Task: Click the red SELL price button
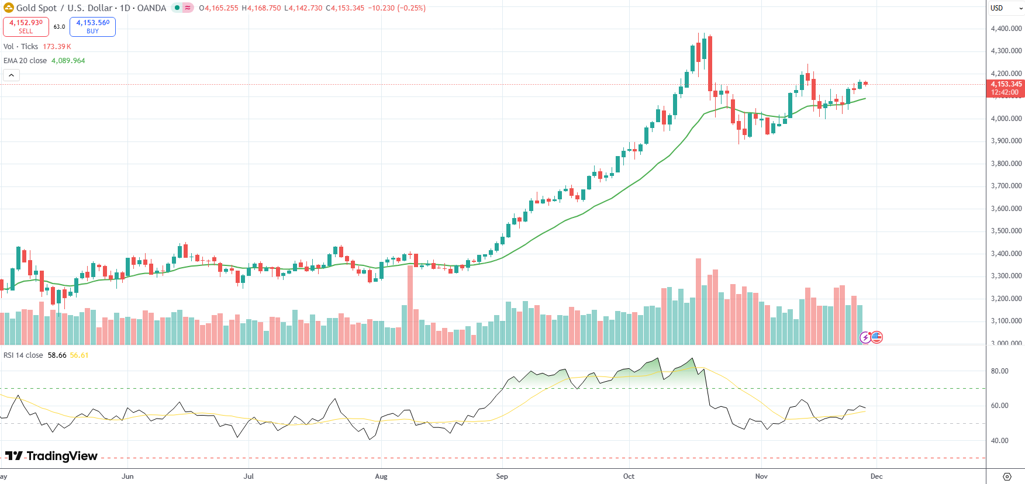26,26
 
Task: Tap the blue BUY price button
92,26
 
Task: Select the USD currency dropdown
1005,8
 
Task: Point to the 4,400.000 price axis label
1006,29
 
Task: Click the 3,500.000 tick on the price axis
1006,231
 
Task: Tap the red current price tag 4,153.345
1006,88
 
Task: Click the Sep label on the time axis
502,476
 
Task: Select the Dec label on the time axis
876,476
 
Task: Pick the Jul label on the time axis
249,476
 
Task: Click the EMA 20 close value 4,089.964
68,61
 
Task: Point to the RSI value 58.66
57,355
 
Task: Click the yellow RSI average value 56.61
79,355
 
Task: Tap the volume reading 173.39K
57,47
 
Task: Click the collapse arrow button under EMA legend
11,75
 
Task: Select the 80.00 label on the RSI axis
999,371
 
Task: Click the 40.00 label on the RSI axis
999,441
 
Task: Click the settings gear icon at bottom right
1006,476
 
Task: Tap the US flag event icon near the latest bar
876,337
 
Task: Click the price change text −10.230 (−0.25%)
396,8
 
